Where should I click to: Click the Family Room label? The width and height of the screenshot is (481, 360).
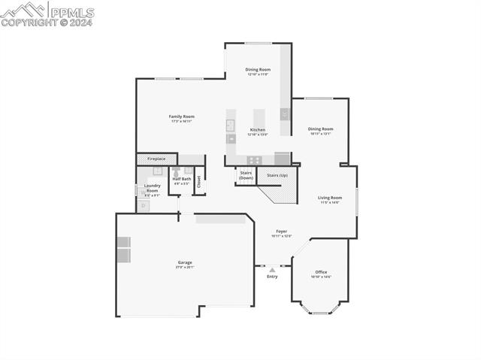[x=181, y=116]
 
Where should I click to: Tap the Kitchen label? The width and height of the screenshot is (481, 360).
[x=257, y=129]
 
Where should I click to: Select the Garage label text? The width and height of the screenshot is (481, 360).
[x=185, y=262]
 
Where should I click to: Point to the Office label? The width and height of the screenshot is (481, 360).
[x=321, y=271]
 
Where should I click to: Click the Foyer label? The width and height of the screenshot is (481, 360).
[x=281, y=231]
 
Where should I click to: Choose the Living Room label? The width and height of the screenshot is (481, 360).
[x=330, y=198]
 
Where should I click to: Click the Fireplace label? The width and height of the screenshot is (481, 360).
[x=156, y=159]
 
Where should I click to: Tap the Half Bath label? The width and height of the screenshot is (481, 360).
[x=182, y=179]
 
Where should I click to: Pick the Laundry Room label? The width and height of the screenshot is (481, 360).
[x=153, y=188]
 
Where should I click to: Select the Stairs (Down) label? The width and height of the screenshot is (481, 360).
[x=246, y=175]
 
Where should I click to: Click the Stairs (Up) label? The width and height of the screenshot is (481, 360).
[x=277, y=175]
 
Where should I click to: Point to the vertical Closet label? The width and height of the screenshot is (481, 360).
[x=199, y=181]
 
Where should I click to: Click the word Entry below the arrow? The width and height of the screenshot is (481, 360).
[x=272, y=277]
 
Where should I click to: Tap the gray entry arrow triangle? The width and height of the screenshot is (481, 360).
[x=272, y=268]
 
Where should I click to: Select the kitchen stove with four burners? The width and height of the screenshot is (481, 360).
[x=255, y=159]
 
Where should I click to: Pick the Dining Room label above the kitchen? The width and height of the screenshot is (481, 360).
[x=258, y=69]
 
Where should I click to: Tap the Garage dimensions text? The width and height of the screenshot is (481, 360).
[x=185, y=267]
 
